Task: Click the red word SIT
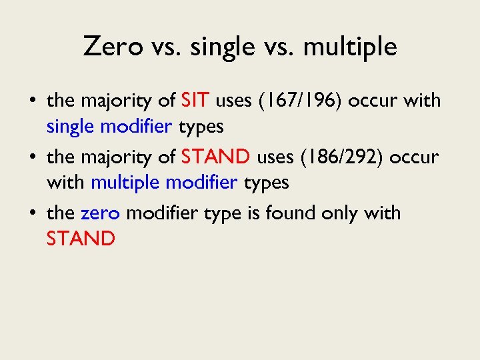196,101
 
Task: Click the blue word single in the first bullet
72,126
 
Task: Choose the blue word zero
100,213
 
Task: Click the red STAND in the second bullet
215,157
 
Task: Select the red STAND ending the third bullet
81,239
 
